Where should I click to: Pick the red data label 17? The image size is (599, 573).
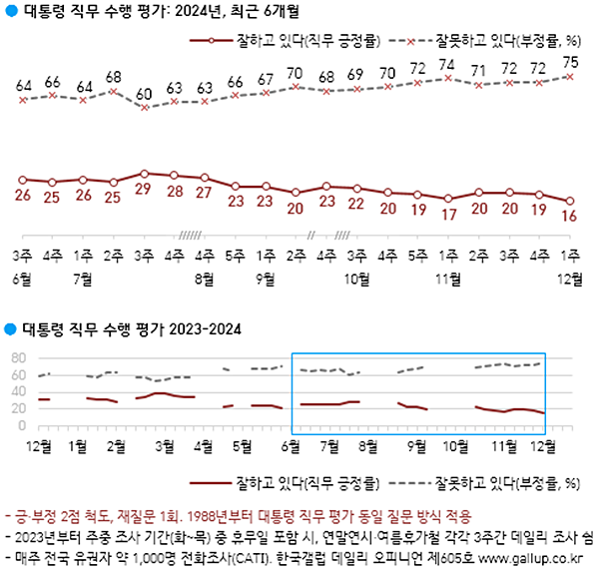[x=449, y=214]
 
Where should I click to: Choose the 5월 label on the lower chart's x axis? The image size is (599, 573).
[x=241, y=444]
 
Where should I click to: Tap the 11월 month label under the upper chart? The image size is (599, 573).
[x=449, y=278]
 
